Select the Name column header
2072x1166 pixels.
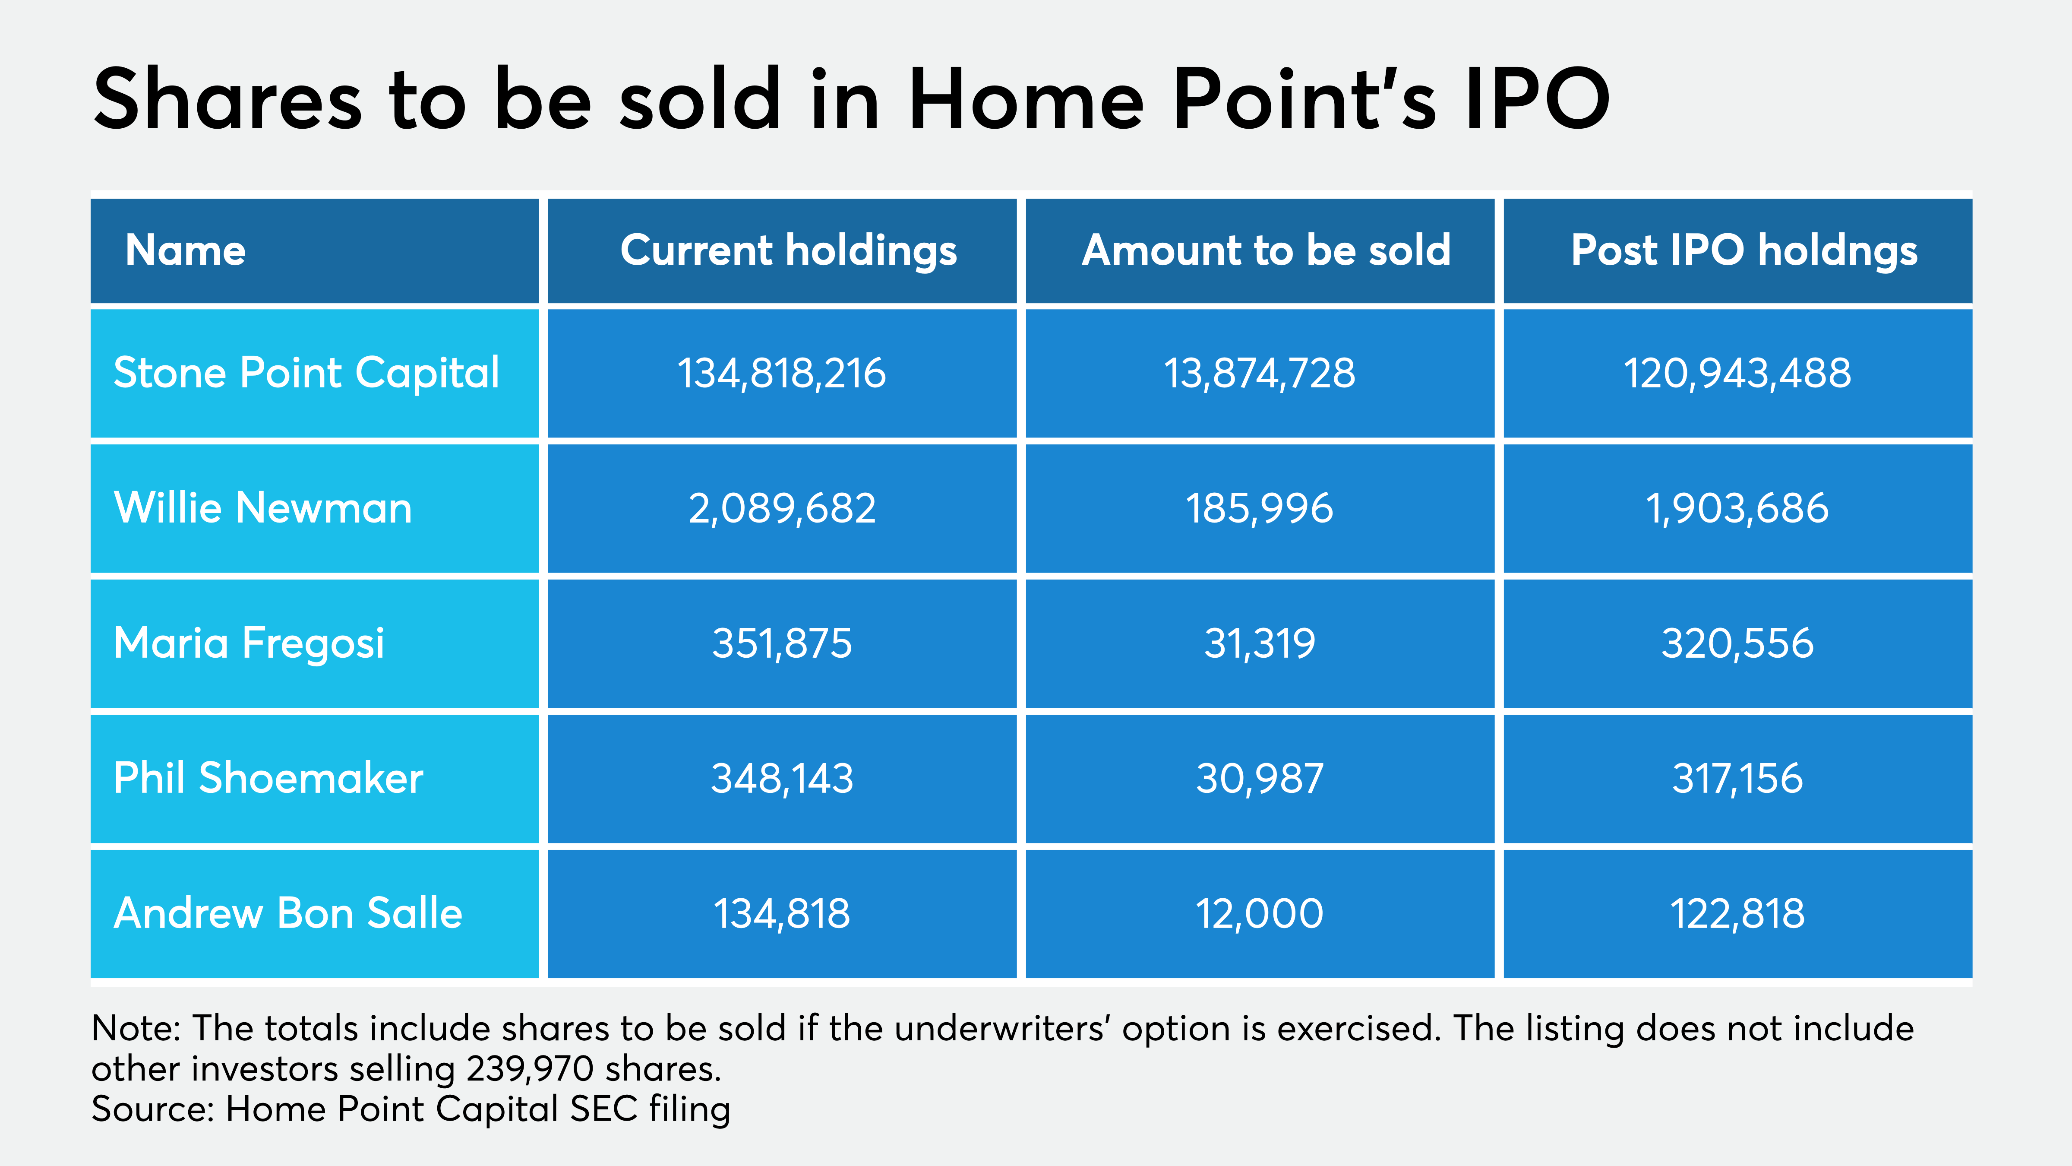pos(185,250)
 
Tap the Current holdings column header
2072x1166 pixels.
pos(788,250)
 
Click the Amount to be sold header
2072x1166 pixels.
pos(1266,250)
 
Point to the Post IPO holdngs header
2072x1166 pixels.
pos(1744,250)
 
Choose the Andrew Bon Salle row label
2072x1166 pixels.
pos(288,913)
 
